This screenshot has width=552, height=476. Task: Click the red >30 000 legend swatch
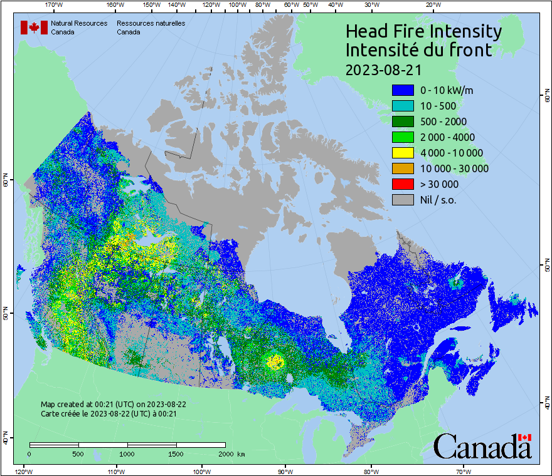click(x=402, y=184)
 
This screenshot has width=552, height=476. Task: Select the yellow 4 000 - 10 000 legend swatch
click(x=402, y=153)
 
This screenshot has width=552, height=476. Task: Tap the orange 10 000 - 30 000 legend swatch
click(x=402, y=168)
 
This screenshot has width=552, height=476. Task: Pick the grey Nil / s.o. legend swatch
click(x=402, y=200)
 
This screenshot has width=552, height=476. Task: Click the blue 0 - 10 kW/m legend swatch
click(x=402, y=90)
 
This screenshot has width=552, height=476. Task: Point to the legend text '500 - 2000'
click(x=443, y=122)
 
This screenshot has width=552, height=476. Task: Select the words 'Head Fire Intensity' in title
click(x=423, y=31)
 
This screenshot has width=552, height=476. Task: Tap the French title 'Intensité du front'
click(x=419, y=50)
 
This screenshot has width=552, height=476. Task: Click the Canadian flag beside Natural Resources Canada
click(x=34, y=28)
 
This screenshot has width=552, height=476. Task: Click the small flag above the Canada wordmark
click(x=525, y=437)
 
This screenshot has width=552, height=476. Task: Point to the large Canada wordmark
click(x=482, y=447)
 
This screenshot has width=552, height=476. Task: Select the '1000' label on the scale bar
click(x=127, y=453)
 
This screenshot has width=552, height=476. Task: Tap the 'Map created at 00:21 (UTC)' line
click(x=113, y=405)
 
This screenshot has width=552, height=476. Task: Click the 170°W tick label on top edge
click(x=55, y=4)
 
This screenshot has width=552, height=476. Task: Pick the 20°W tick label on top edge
click(x=432, y=4)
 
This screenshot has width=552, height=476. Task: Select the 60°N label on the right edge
click(x=547, y=97)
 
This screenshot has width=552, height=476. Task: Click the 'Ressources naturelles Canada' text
click(x=151, y=28)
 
